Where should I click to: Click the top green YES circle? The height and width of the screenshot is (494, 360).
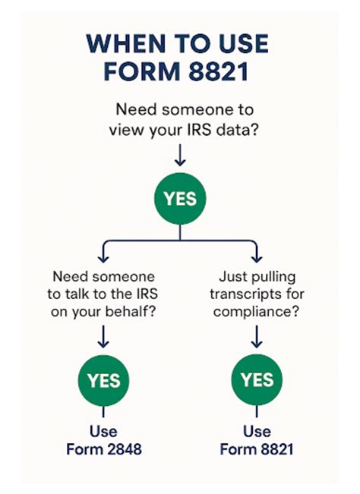[x=180, y=200]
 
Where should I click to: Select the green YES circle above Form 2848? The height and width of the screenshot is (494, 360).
[x=103, y=379]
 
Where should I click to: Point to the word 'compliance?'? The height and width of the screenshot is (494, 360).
[x=255, y=312]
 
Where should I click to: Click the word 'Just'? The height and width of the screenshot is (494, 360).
[x=230, y=277]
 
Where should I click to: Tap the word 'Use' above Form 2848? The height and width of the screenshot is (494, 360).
[x=103, y=431]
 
